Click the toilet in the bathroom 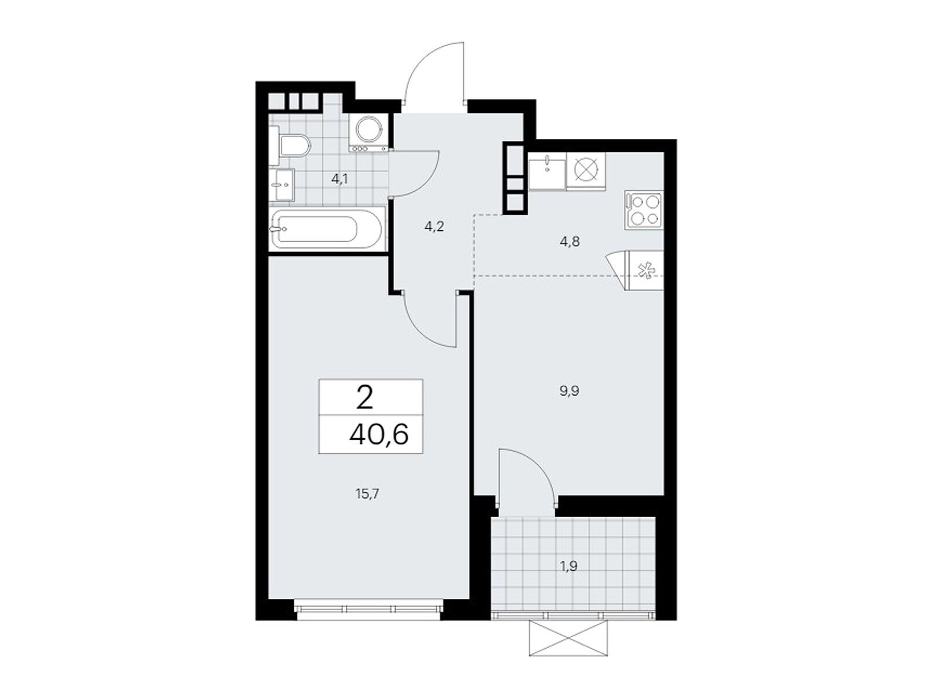point(291,146)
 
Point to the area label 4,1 point(340,180)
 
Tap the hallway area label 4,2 point(434,227)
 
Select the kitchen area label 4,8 point(570,242)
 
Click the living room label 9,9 point(570,391)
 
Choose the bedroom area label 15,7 point(367,494)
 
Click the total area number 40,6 point(379,435)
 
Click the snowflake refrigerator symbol point(645,270)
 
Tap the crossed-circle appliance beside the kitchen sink point(585,171)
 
